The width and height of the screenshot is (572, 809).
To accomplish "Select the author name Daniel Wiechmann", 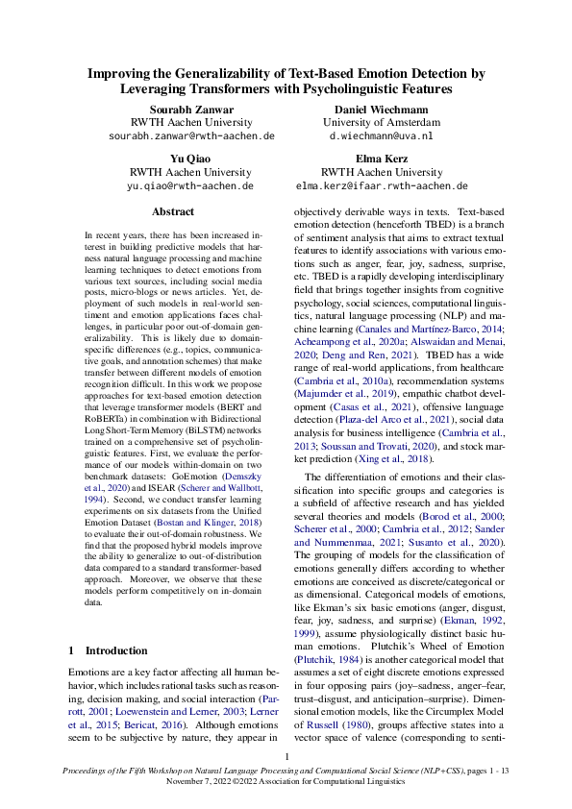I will [381, 109].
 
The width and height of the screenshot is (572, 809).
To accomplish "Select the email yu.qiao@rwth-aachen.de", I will [191, 185].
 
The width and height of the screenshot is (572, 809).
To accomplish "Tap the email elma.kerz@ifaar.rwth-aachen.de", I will [382, 185].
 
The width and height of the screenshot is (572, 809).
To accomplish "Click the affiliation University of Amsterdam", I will [382, 123].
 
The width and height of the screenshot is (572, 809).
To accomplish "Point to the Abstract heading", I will [173, 211].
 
